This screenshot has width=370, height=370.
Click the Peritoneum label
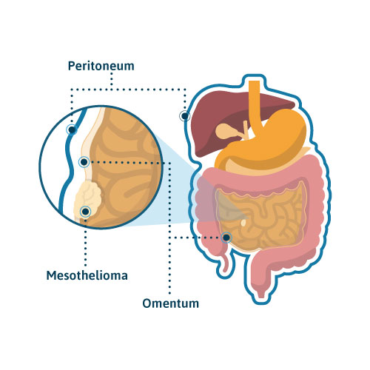click(x=101, y=66)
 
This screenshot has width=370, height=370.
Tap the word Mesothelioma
click(x=87, y=275)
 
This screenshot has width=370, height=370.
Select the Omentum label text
click(x=171, y=303)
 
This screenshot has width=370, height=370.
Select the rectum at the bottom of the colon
click(x=261, y=290)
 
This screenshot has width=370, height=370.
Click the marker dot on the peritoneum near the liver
click(x=184, y=115)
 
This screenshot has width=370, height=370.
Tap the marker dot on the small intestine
click(x=226, y=238)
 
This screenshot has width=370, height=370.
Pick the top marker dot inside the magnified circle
click(x=72, y=129)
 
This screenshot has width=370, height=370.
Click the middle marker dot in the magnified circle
click(x=84, y=162)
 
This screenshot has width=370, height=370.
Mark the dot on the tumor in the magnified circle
click(x=86, y=212)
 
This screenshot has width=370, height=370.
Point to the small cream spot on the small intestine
click(x=243, y=223)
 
